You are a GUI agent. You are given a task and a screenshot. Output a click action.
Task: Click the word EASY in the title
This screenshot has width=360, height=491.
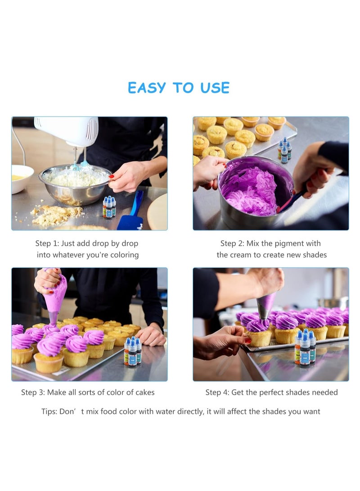pos(147,88)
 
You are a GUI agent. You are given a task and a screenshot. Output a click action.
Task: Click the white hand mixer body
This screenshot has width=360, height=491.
pos(67,130)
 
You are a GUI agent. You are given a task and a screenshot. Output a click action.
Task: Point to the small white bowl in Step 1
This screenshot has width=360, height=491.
pos(22,179)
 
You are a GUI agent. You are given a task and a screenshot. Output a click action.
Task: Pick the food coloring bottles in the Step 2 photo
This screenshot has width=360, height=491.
pos(284,150)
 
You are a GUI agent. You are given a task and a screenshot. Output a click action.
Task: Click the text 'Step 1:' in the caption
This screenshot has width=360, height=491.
pos(47,243)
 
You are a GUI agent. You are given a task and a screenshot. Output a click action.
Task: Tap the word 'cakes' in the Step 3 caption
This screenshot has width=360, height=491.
pos(144,392)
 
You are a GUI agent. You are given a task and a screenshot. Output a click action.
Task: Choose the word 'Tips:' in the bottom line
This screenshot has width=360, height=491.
pos(49,411)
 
